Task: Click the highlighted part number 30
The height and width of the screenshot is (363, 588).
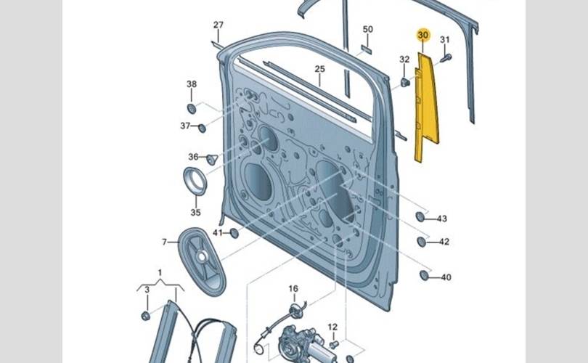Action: pyautogui.click(x=423, y=35)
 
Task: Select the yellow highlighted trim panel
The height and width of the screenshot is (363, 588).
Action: pyautogui.click(x=427, y=109)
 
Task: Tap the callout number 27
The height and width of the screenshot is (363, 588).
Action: pyautogui.click(x=219, y=25)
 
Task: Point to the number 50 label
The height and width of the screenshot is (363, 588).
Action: pyautogui.click(x=367, y=29)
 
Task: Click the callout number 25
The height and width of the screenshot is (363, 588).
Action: pyautogui.click(x=319, y=69)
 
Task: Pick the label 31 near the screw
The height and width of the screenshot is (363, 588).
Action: pyautogui.click(x=445, y=39)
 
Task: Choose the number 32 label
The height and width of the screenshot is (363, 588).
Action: pyautogui.click(x=404, y=59)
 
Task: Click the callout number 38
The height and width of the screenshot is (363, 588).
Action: pyautogui.click(x=192, y=84)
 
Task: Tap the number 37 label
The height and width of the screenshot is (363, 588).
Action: pyautogui.click(x=186, y=126)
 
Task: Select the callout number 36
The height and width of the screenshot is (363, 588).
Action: pyautogui.click(x=193, y=157)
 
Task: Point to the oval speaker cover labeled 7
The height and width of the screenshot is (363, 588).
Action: pyautogui.click(x=200, y=259)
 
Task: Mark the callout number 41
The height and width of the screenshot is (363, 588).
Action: pyautogui.click(x=218, y=232)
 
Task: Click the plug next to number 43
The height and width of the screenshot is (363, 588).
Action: pyautogui.click(x=420, y=216)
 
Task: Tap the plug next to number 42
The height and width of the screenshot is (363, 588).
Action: pyautogui.click(x=422, y=241)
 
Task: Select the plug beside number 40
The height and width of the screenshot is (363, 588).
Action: pyautogui.click(x=425, y=275)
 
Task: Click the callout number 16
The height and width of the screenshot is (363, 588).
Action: pyautogui.click(x=293, y=289)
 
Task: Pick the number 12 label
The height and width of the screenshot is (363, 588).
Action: pyautogui.click(x=332, y=327)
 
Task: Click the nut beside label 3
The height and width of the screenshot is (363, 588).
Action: pyautogui.click(x=145, y=316)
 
